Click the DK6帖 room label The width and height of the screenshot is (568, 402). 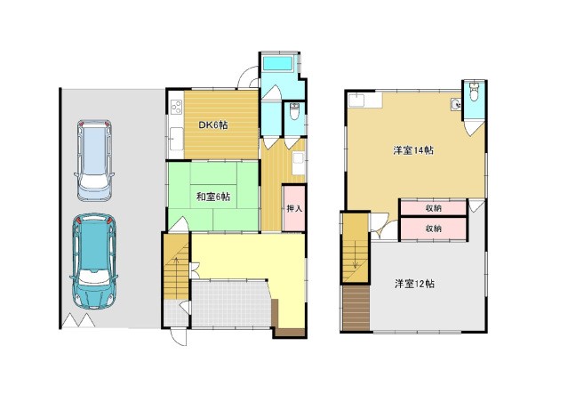(x=212, y=125)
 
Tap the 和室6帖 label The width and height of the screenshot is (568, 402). (x=213, y=197)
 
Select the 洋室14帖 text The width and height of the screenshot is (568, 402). (x=413, y=150)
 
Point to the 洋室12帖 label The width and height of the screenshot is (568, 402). (x=414, y=284)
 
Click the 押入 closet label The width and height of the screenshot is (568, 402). (x=294, y=209)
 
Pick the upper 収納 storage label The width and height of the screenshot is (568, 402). (x=433, y=208)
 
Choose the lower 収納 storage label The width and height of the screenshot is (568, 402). (x=433, y=229)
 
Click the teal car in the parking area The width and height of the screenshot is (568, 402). (x=94, y=261)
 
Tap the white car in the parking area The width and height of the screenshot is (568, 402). (x=94, y=160)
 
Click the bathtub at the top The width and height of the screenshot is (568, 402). (x=278, y=64)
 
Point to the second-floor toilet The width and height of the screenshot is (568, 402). (x=474, y=92)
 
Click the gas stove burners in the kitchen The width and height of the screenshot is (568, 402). (x=176, y=107)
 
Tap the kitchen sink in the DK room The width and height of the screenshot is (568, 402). (x=176, y=139)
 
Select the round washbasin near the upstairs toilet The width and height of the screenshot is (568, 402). (x=456, y=105)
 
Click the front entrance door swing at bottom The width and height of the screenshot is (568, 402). (x=180, y=337)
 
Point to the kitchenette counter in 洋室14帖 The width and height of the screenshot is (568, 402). (x=364, y=100)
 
